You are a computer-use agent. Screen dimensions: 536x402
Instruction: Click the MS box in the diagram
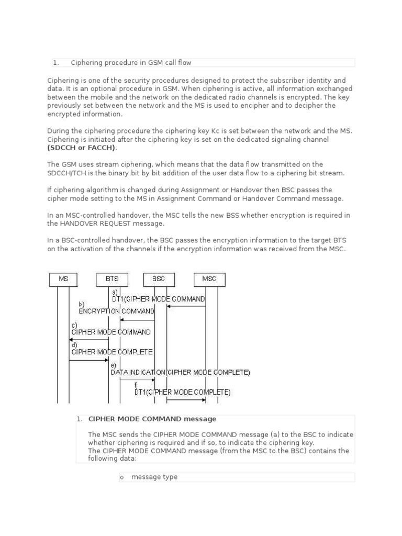click(63, 279)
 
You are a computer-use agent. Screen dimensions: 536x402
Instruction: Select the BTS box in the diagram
click(112, 279)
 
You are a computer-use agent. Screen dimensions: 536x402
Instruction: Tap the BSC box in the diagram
click(159, 279)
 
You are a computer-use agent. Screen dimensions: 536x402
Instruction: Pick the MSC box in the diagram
click(209, 279)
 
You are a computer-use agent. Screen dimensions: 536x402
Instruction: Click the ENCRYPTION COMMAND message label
click(117, 311)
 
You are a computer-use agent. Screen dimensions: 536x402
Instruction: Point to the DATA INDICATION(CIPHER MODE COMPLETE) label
click(181, 373)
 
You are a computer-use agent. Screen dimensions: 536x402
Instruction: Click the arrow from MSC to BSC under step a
click(186, 306)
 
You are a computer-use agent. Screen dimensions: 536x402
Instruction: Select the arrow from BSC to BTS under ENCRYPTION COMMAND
click(137, 319)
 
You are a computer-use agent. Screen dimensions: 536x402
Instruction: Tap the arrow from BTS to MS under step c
click(89, 340)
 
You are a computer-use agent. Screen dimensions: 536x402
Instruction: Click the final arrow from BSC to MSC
click(186, 400)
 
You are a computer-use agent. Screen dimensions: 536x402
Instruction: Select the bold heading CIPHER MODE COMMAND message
click(152, 419)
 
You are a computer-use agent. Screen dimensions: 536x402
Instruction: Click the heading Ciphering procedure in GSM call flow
click(131, 63)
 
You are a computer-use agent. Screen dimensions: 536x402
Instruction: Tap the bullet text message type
click(154, 477)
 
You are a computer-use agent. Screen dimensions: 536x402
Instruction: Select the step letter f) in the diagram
click(137, 385)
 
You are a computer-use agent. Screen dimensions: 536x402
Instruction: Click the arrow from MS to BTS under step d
click(89, 360)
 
